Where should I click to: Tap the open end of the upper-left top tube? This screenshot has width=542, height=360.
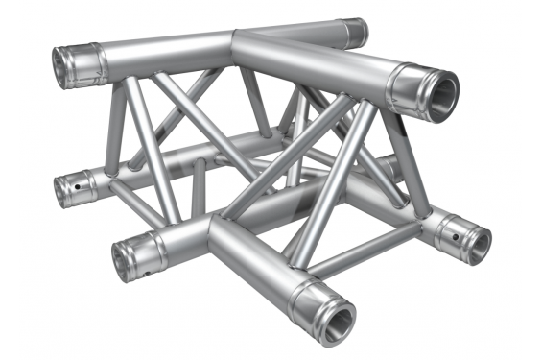pyautogui.click(x=67, y=66)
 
